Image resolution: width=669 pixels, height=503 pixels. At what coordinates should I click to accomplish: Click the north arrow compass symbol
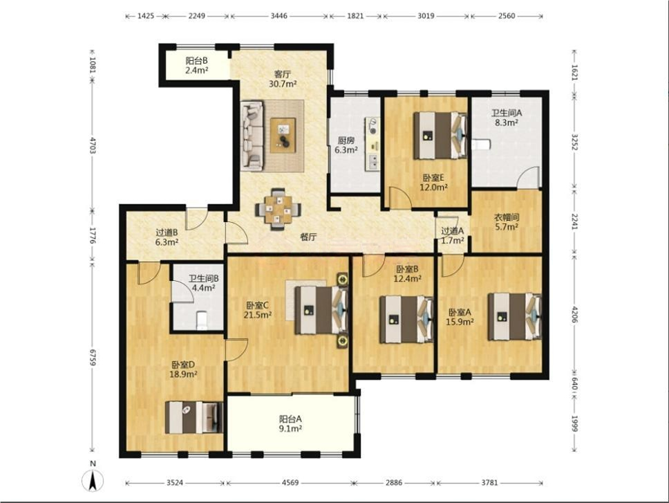coord(93,479)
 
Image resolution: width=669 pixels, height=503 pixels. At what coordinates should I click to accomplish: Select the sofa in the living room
coord(252,136)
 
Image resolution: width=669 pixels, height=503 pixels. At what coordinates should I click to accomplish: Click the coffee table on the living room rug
coord(283,134)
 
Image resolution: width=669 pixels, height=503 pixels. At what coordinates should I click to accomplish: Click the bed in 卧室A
coord(514,316)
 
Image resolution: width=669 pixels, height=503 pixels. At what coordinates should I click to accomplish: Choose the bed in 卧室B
coord(405,319)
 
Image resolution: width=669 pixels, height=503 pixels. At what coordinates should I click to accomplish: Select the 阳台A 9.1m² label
coord(290,423)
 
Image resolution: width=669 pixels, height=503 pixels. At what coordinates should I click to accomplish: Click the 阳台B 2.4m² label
coord(196,65)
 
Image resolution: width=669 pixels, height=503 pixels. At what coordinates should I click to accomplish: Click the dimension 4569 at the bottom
coord(288,482)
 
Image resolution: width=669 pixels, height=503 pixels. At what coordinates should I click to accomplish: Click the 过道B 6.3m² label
coord(167,238)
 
